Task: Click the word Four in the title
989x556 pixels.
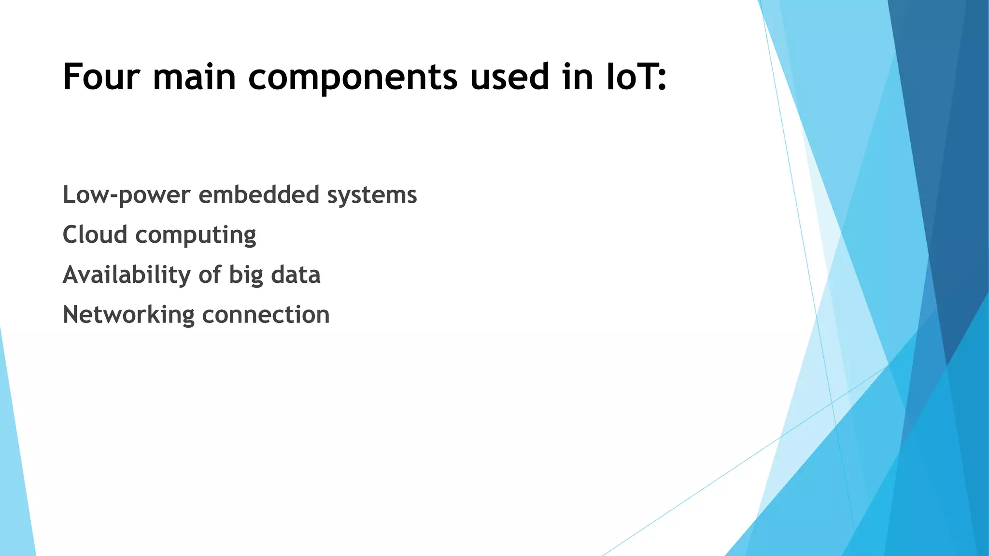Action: point(101,77)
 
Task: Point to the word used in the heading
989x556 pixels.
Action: point(509,77)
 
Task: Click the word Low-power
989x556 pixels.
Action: point(127,195)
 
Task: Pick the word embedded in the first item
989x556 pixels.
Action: point(259,195)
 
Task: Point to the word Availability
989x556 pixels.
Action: point(127,275)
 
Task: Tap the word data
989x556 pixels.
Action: point(296,275)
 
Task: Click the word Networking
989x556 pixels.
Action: point(128,315)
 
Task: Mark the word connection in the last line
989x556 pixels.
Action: point(266,315)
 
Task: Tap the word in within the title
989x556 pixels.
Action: point(578,77)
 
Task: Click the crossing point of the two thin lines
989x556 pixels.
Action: point(832,402)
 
